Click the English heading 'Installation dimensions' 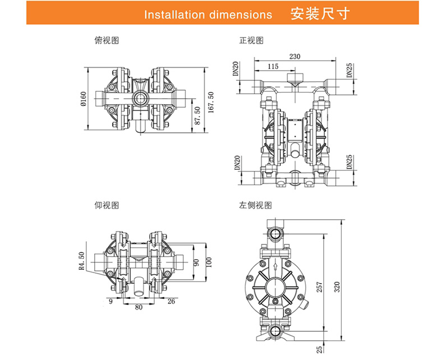pyautogui.click(x=208, y=14)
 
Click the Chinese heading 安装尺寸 pyautogui.click(x=321, y=13)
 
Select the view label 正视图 pyautogui.click(x=251, y=40)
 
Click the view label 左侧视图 pyautogui.click(x=256, y=206)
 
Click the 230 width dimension pyautogui.click(x=295, y=56)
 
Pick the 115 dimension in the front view pyautogui.click(x=273, y=66)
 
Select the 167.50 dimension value pyautogui.click(x=211, y=102)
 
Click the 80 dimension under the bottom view pyautogui.click(x=139, y=307)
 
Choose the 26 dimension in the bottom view pyautogui.click(x=172, y=301)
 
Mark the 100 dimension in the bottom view pyautogui.click(x=209, y=262)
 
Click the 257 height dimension pyautogui.click(x=320, y=287)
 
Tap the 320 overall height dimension pyautogui.click(x=336, y=287)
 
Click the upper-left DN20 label pyautogui.click(x=236, y=69)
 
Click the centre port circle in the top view pyautogui.click(x=140, y=98)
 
